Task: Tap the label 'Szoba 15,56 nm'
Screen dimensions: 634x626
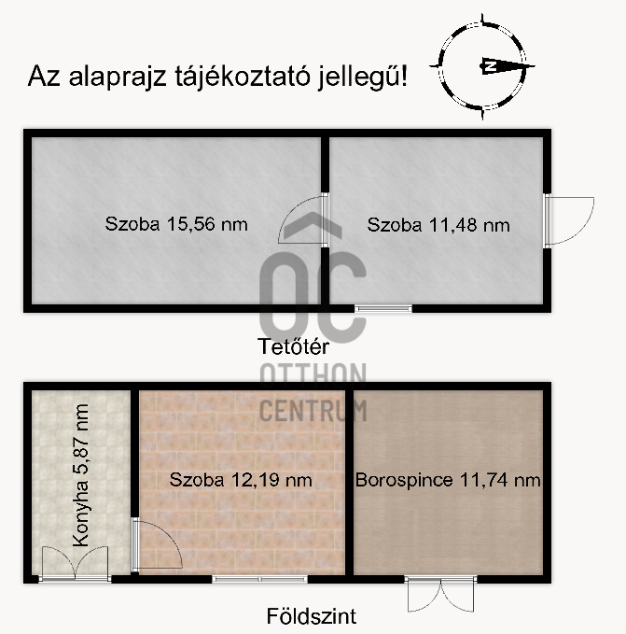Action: coord(176,224)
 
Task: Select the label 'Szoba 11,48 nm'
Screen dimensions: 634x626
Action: coord(438,224)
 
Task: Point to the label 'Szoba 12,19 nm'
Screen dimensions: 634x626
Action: coord(241,480)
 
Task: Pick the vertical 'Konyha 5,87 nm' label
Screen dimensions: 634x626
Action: coord(80,475)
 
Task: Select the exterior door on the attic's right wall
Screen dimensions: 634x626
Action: coord(568,220)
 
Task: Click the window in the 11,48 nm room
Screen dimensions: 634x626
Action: coord(383,307)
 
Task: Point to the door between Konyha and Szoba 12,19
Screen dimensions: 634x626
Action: coord(154,546)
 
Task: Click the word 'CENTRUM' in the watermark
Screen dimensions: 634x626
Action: coord(313,409)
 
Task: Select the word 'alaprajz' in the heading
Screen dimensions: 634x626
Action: coord(117,76)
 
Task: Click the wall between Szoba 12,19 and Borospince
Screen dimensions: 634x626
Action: coord(349,481)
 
